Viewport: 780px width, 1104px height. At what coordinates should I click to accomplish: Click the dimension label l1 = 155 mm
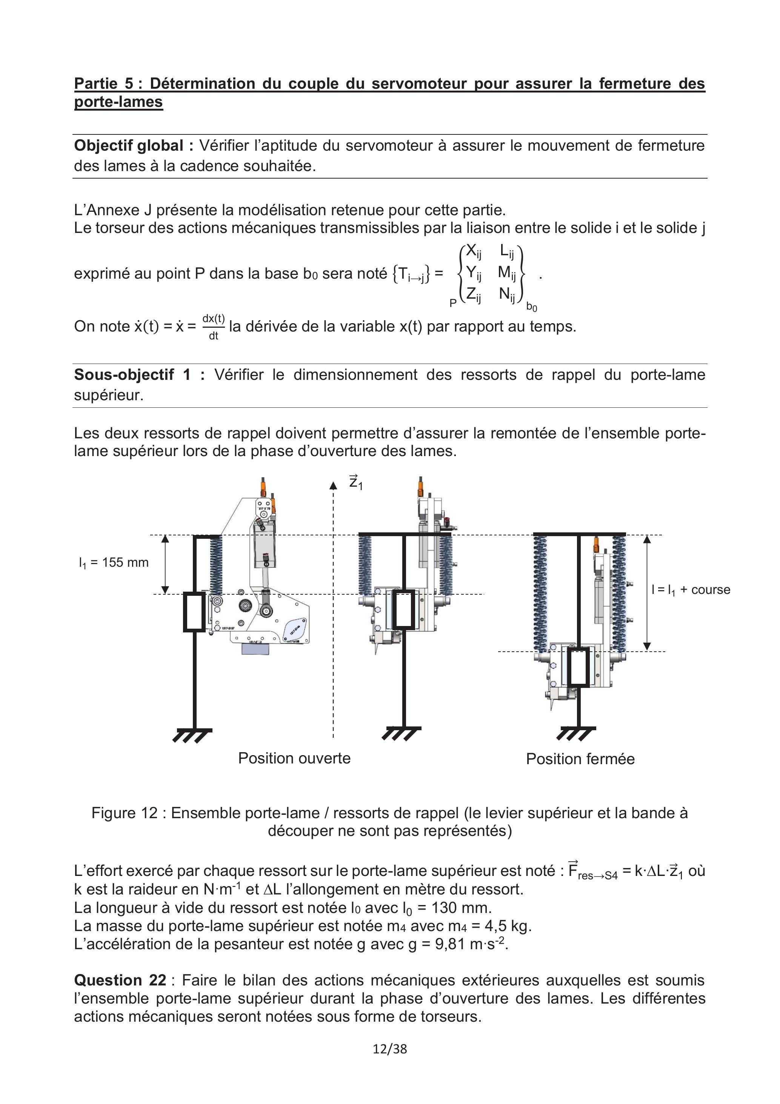tap(114, 563)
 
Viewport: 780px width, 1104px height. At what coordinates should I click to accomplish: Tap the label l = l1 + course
tap(691, 590)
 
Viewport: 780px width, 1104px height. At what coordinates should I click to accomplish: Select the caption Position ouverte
tap(294, 758)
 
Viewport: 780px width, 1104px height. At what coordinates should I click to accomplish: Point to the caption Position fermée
tap(580, 759)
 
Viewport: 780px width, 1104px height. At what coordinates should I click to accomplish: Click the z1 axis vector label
tap(355, 482)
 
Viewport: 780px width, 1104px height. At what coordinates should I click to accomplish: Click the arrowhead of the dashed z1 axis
tap(333, 485)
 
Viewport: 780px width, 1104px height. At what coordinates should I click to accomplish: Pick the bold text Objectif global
tap(134, 146)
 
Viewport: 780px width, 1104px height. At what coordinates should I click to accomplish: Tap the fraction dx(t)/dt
tap(213, 327)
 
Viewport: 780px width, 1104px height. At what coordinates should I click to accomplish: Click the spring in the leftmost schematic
tap(216, 565)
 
